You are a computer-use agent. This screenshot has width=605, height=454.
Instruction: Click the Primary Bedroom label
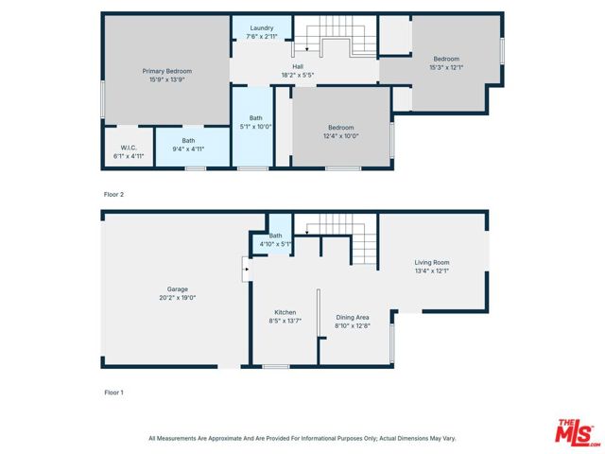coord(166,72)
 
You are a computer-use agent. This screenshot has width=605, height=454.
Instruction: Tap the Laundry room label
coord(262,28)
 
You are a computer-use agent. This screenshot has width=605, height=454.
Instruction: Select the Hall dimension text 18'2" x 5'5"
coord(297,75)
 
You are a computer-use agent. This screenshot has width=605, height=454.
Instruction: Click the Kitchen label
coord(285,312)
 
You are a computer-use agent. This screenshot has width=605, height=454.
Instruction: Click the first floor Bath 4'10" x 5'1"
coord(276,239)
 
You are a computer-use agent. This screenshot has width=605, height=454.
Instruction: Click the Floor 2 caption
coord(113,194)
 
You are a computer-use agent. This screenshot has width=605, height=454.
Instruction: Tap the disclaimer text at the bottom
coord(302,438)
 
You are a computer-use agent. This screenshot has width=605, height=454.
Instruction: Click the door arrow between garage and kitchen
coord(248,270)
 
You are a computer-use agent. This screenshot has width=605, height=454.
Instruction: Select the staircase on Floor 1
coord(345,236)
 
